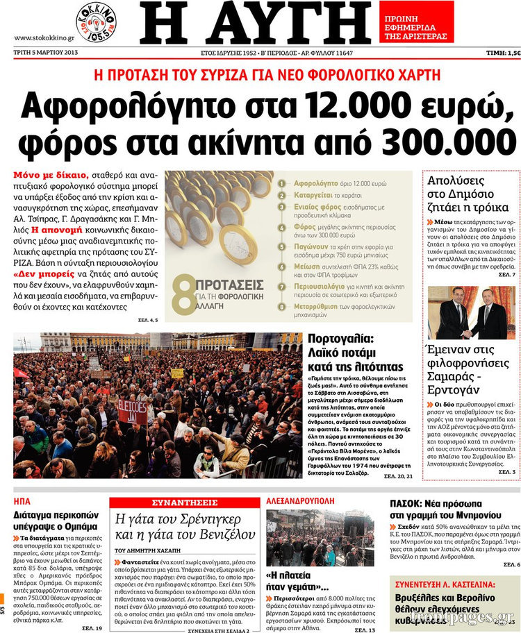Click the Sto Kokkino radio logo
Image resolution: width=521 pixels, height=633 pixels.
(96, 20)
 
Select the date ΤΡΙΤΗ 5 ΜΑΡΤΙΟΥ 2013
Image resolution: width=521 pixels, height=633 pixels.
(47, 53)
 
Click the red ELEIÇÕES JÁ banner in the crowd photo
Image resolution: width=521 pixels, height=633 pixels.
(133, 410)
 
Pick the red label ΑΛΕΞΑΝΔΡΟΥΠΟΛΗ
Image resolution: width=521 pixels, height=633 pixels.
(304, 500)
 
